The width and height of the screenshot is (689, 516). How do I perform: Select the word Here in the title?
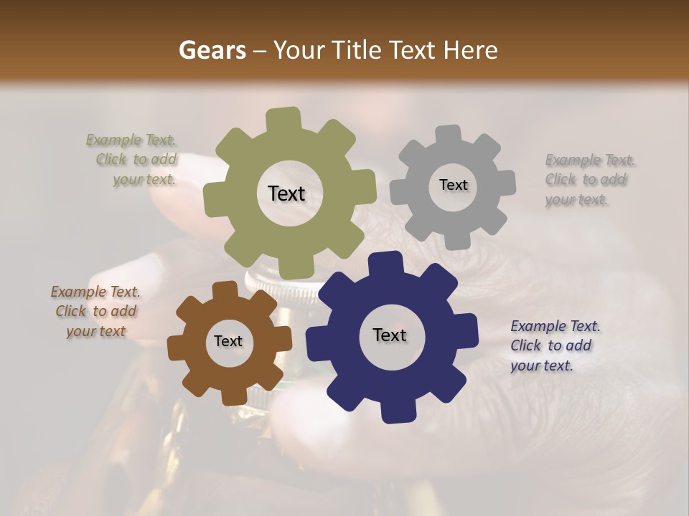click(471, 50)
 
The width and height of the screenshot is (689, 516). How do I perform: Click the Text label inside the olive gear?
click(286, 193)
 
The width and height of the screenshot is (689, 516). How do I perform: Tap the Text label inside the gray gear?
click(453, 185)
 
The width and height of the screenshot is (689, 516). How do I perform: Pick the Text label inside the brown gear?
click(228, 342)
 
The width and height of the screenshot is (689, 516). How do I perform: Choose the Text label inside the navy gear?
click(390, 335)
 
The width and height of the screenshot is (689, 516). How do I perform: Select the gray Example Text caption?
click(589, 180)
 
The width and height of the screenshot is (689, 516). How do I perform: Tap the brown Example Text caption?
click(95, 312)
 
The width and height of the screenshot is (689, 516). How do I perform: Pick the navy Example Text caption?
click(553, 345)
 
